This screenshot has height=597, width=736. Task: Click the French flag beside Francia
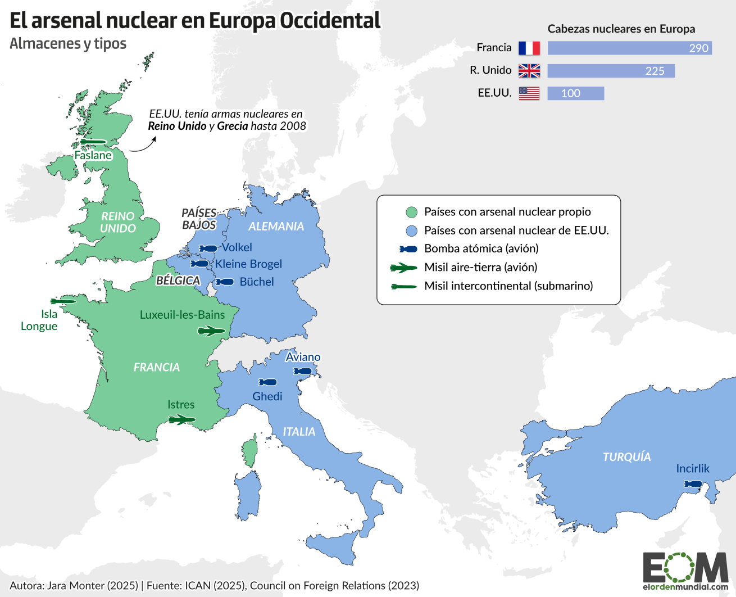pos(529,48)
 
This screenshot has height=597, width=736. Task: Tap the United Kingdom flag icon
pos(529,71)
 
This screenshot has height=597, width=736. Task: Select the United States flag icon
pos(529,93)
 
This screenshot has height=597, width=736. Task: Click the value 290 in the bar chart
pos(698,48)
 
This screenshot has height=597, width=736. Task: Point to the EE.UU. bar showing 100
pos(575,93)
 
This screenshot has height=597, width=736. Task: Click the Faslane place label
pos(93,155)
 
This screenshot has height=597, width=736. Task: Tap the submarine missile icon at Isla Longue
pos(63,302)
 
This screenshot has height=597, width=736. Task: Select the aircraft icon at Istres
pos(182,419)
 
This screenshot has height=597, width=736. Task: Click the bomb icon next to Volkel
pos(208,248)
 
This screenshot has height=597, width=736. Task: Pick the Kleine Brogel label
pos(248,264)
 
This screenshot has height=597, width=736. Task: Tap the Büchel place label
pos(257,282)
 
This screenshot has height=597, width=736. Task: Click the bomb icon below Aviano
pos(303,372)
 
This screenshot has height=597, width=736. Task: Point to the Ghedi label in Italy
pos(267,396)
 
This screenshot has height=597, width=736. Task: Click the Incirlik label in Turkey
pos(693,468)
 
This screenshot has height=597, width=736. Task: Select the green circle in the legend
pos(412,212)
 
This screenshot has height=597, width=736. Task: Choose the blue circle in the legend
pos(412,231)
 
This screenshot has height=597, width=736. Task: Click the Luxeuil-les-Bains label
pos(182,315)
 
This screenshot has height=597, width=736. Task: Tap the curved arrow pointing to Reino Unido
pos(143,145)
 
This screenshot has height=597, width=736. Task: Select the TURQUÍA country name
pos(626,457)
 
